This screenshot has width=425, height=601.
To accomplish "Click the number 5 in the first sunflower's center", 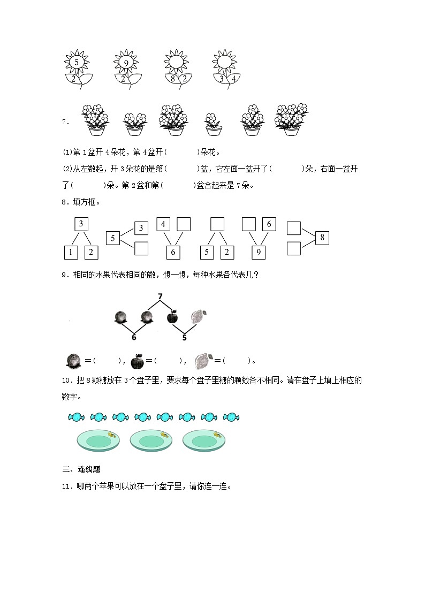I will pos(78,63).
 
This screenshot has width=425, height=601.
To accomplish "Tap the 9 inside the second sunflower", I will pos(126,63).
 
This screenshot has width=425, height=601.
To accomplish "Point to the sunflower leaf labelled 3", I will pos(222,79).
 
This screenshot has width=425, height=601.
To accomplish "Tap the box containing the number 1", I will pos(72,252).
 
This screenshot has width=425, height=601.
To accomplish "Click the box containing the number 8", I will pos(322,238).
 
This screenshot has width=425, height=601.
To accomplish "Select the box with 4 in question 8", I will pos(163,224).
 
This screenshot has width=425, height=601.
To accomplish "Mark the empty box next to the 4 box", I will pos(184,224).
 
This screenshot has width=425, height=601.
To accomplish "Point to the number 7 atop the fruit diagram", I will pos(160,297).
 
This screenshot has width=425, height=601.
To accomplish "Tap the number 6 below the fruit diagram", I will pos(133,337).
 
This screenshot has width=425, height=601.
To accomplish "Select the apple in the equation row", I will pos(138,362).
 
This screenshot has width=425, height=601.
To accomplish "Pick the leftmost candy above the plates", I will pos(75,416).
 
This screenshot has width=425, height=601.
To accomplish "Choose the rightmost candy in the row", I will pos(231,416).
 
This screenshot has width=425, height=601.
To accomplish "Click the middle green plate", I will pos(150,440).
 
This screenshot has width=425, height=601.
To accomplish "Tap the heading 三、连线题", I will pos(81,469).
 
